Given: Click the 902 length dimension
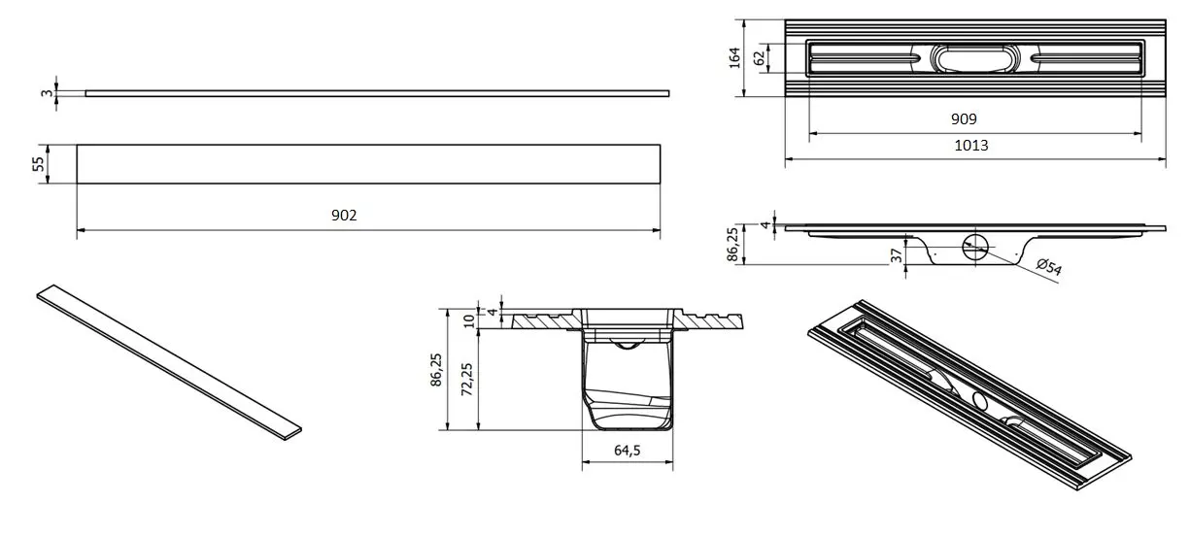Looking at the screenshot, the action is click(344, 216).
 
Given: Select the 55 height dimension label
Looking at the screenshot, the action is click(39, 164).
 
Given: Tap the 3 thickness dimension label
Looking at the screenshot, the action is click(47, 93).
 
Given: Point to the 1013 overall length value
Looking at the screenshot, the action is click(971, 145).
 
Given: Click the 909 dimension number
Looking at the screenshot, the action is click(964, 119).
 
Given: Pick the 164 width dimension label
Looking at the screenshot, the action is click(734, 58).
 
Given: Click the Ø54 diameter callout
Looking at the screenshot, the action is click(1049, 266).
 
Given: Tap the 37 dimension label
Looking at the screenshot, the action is click(897, 256).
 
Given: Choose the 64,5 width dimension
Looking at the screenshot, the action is click(627, 451).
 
